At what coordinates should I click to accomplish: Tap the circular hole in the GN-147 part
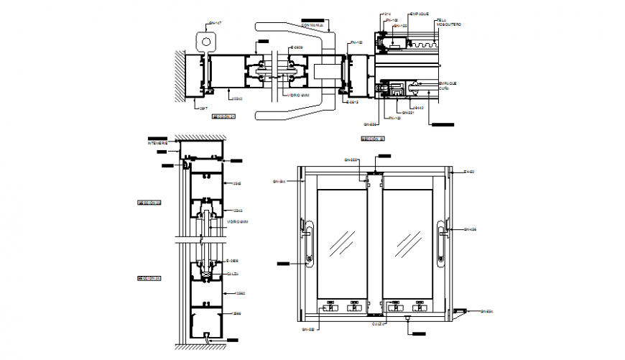coord(209,42)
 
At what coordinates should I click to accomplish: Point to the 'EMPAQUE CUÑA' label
coord(447,86)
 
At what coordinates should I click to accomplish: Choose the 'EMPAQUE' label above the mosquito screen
coord(419,14)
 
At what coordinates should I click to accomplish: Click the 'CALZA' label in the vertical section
coord(232,274)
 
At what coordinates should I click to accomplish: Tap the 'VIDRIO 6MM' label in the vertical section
coord(237,222)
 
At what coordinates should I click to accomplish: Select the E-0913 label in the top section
coord(351,103)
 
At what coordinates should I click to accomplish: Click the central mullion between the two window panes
coord(374,244)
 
